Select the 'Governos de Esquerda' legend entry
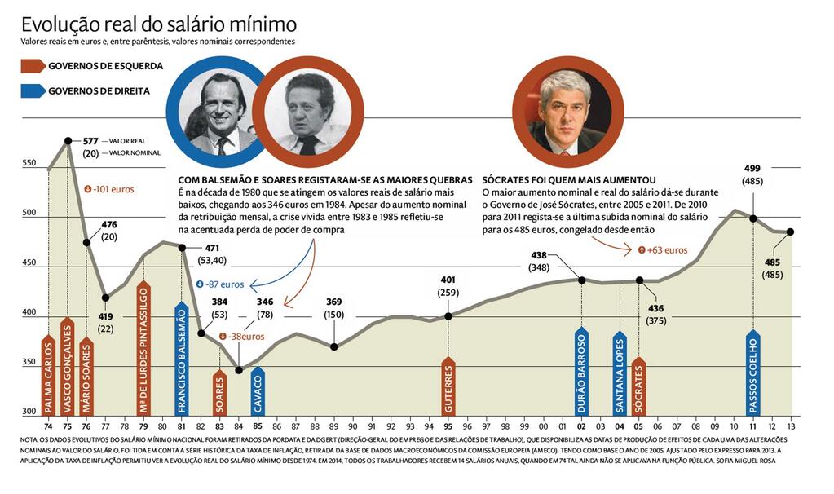[105, 66]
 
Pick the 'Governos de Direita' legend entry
[99, 91]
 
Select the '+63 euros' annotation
[662, 250]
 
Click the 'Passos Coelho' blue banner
[752, 373]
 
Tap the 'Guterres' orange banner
[448, 386]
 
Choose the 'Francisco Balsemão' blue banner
[181, 359]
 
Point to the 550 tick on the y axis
[29, 163]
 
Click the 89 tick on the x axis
[333, 425]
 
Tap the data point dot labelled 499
[752, 218]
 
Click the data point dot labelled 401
[448, 315]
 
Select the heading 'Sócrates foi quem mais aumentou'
[569, 179]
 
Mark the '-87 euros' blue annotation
[219, 284]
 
